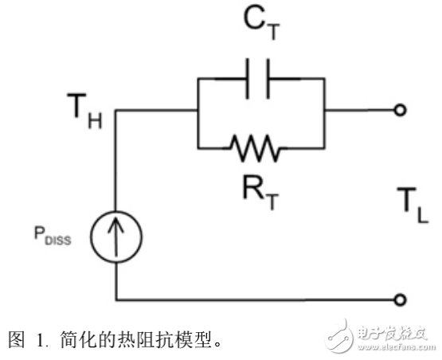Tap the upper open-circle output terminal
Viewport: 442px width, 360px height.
pyautogui.click(x=400, y=110)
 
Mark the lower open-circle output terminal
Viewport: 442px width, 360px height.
pyautogui.click(x=400, y=299)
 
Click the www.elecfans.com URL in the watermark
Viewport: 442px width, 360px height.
pyautogui.click(x=393, y=346)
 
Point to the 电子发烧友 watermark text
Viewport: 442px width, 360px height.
pyautogui.click(x=393, y=330)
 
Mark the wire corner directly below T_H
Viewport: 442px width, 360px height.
pyautogui.click(x=116, y=111)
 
